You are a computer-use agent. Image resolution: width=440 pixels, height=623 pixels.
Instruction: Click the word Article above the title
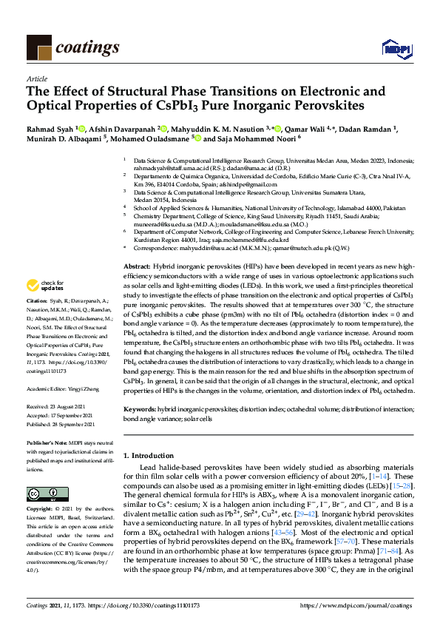tap(36, 78)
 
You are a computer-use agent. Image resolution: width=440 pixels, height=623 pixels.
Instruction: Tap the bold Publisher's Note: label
tap(45, 442)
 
